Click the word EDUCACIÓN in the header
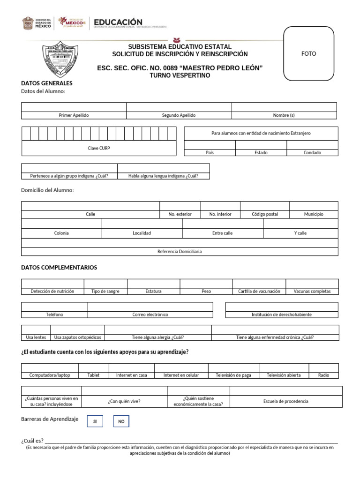click(118, 22)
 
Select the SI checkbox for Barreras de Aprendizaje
click(95, 421)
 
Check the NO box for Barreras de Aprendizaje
click(121, 421)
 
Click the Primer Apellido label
click(74, 115)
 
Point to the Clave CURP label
click(99, 148)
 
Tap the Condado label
click(312, 152)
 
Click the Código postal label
click(265, 214)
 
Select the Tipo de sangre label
click(105, 291)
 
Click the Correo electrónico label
click(150, 315)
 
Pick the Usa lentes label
click(36, 337)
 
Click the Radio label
click(323, 375)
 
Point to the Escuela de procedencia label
click(286, 401)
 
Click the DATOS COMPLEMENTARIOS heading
click(59, 267)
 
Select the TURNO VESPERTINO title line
click(180, 75)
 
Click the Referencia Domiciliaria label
click(180, 251)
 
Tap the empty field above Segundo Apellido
click(179, 107)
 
